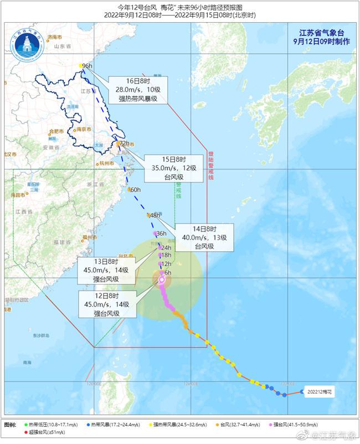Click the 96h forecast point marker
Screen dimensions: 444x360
(x=81, y=66)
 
